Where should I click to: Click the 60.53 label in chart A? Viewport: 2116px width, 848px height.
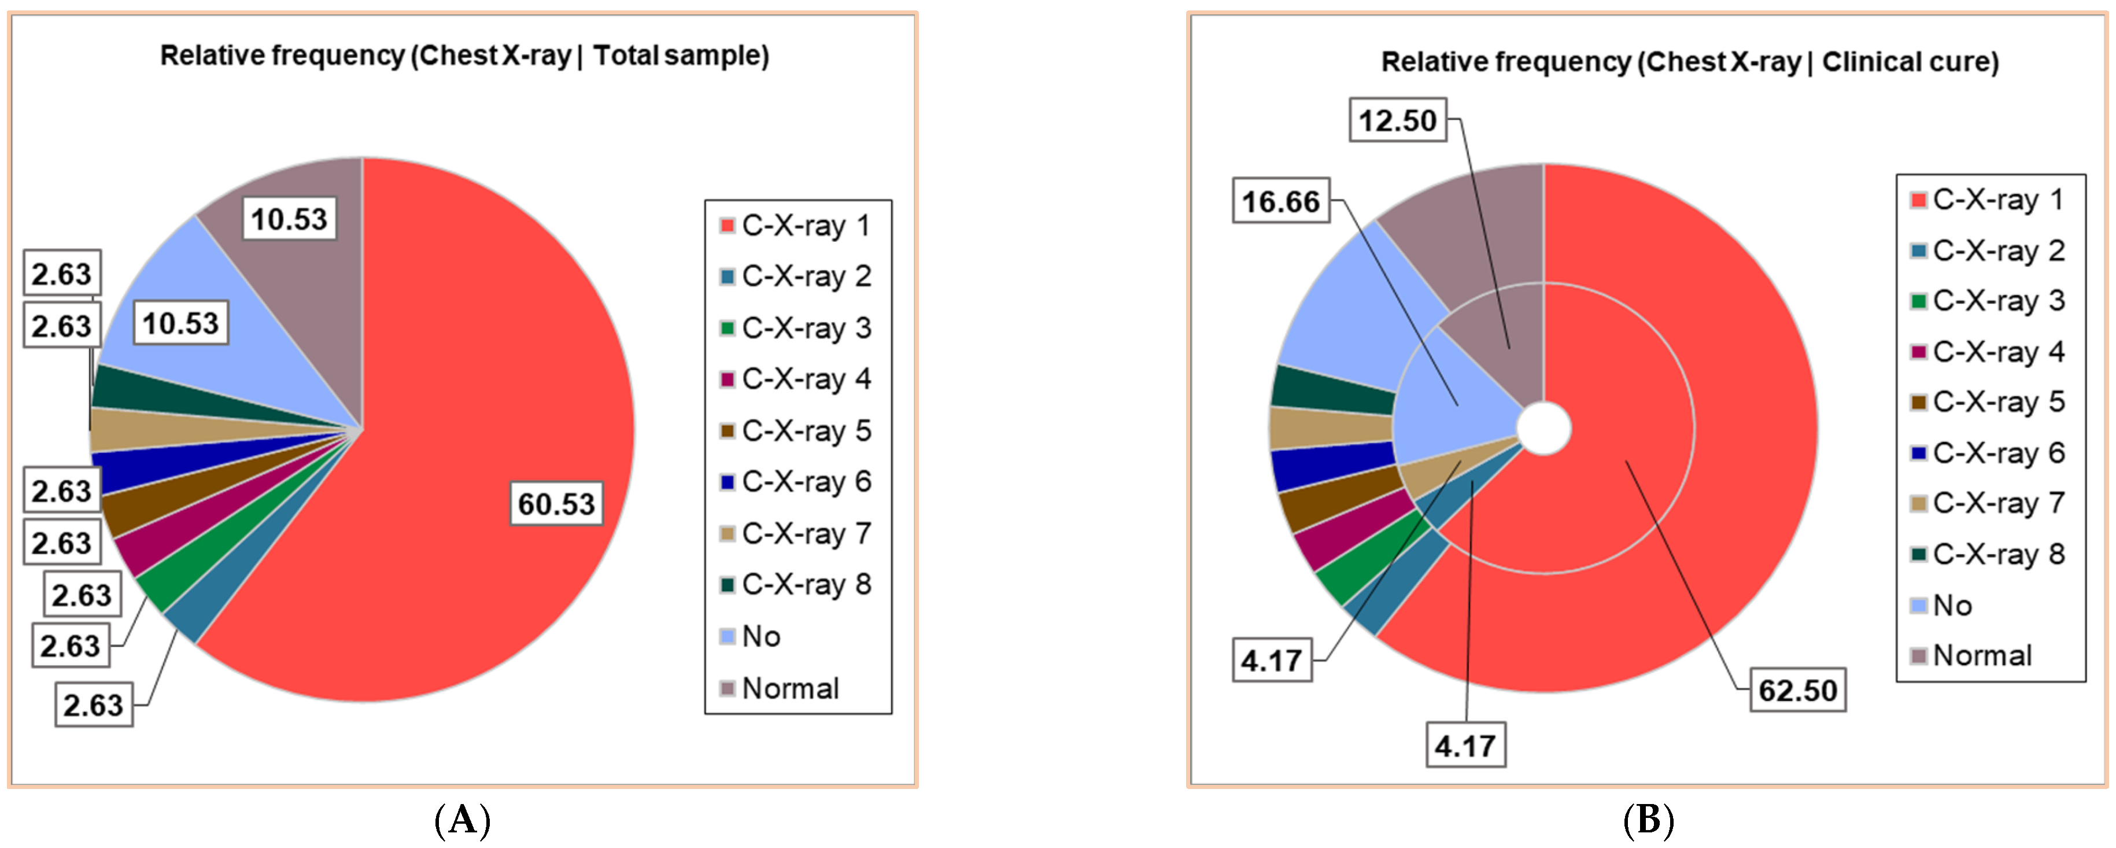coord(556,504)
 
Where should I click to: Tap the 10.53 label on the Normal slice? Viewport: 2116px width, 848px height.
coord(289,219)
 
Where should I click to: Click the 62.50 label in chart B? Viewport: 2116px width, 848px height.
coord(1797,690)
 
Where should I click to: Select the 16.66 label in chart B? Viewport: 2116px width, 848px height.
coord(1280,201)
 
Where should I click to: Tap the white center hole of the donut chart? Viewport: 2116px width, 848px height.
coord(1543,428)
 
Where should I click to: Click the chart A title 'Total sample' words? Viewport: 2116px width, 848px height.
coord(681,56)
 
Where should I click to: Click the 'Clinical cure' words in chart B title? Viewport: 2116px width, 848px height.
coord(1910,62)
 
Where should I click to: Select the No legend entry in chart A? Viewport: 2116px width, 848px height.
coord(760,636)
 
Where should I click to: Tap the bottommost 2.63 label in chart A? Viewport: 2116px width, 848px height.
coord(94,705)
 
